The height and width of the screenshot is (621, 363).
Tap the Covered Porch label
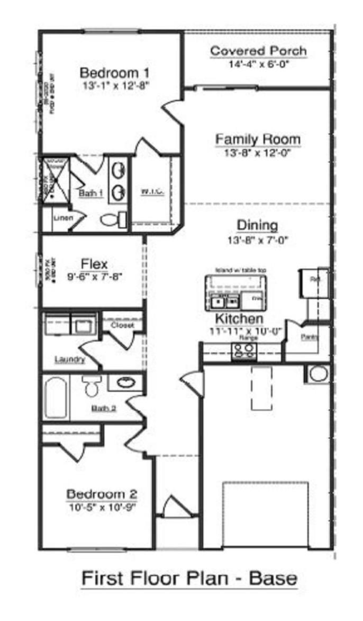click(258, 51)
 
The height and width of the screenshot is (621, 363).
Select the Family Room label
click(258, 139)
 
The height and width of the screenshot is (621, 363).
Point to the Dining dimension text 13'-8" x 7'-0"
click(258, 239)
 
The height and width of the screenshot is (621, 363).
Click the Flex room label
click(94, 263)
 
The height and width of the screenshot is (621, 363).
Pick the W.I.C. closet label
click(152, 191)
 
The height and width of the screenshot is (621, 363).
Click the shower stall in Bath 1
click(53, 180)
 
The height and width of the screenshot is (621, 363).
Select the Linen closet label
click(62, 218)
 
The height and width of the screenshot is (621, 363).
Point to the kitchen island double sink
click(224, 302)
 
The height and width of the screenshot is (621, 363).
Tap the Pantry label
click(308, 337)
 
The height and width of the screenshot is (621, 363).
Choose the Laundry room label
click(69, 360)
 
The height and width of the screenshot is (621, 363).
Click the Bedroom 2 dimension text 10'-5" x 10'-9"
click(101, 507)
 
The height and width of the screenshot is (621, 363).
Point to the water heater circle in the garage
click(318, 374)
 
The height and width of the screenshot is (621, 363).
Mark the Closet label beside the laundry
click(122, 325)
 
